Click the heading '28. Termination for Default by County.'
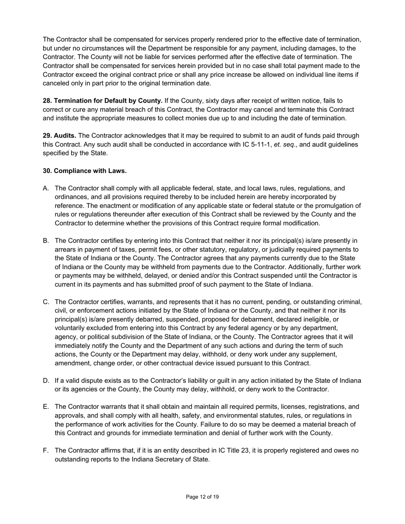pos(102,101)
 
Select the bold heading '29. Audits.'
pos(59,135)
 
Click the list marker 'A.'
pos(46,188)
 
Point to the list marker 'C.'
pos(46,302)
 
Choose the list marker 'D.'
pos(46,380)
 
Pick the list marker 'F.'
pos(46,451)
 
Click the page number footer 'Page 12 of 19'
pos(202,497)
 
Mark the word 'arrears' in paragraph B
pos(66,250)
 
